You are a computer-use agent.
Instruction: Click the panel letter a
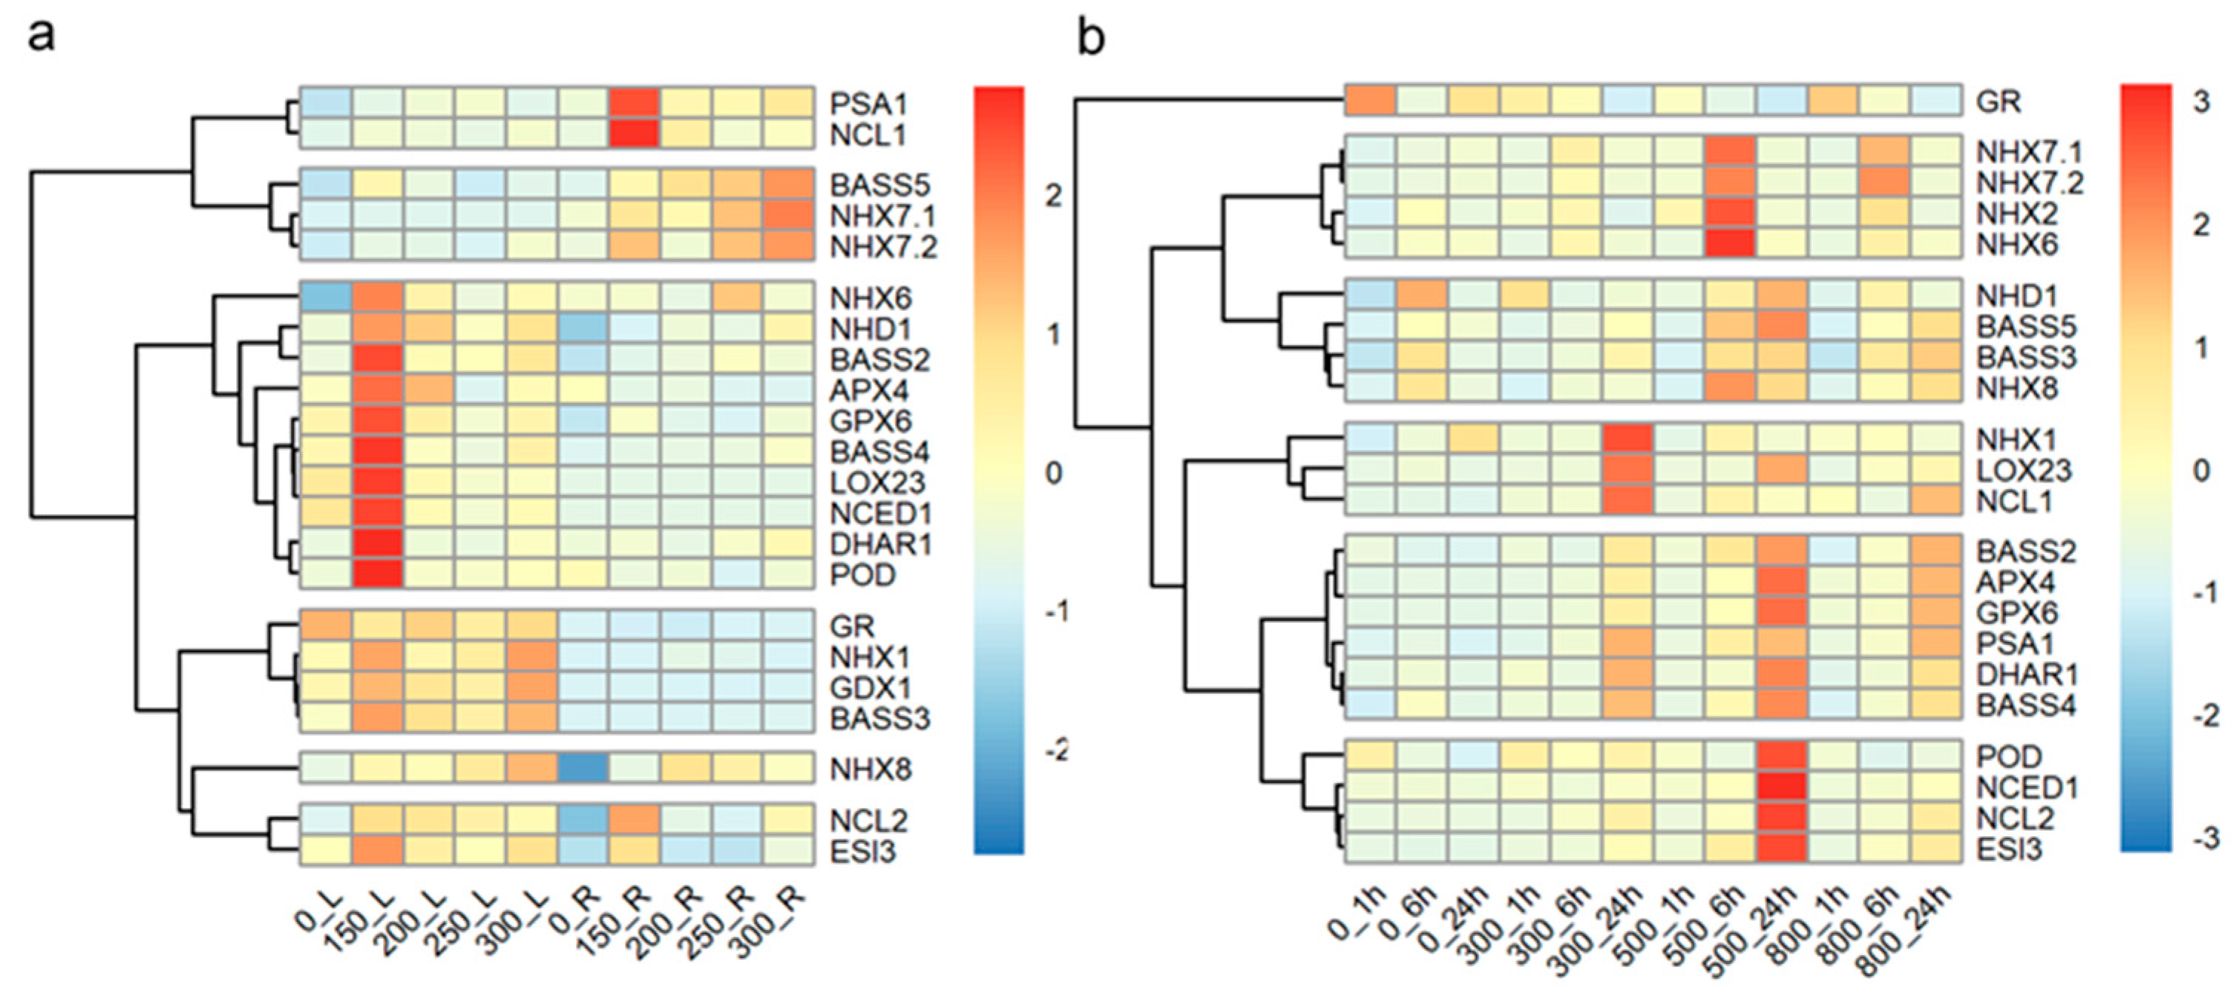(x=41, y=36)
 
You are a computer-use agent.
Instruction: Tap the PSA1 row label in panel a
(x=868, y=105)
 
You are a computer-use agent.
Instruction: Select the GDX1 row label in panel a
(x=870, y=688)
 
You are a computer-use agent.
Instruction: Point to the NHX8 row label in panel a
(x=870, y=770)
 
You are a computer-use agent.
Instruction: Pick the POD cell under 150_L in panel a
(x=377, y=574)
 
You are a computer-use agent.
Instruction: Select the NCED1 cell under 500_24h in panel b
(x=1782, y=788)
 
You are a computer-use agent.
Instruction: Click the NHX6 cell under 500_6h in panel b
(x=1731, y=244)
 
